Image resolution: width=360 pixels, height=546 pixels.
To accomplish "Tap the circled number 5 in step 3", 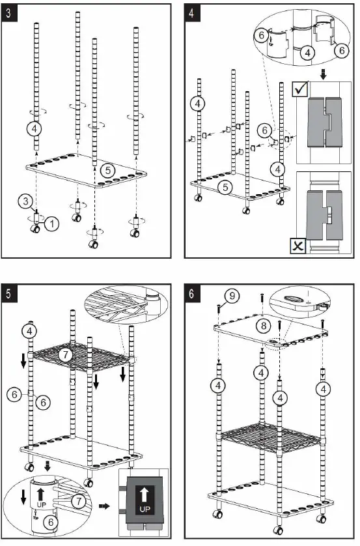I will pos(109,170).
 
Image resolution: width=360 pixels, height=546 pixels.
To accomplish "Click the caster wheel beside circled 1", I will pos(34,229).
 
